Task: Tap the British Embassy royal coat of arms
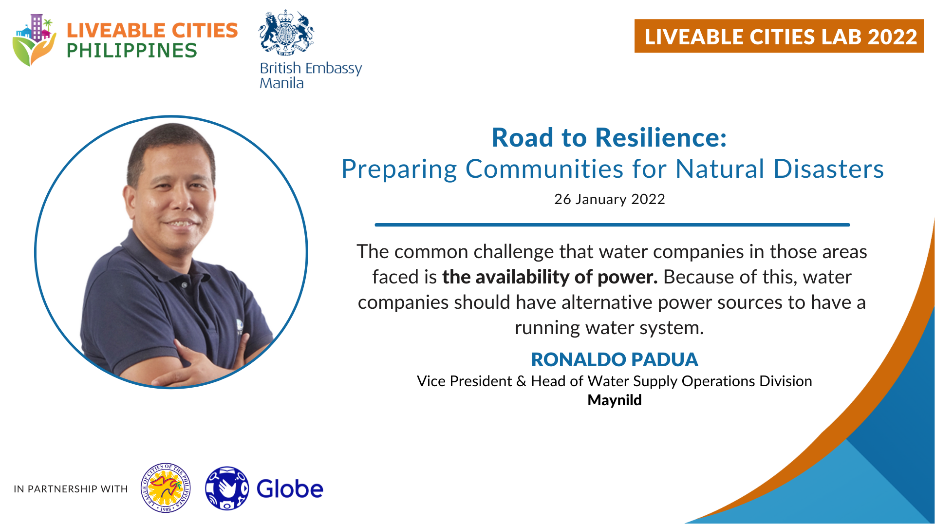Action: [286, 33]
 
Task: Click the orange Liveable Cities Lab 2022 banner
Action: [779, 36]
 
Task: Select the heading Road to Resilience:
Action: [609, 137]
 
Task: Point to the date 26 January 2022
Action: [609, 199]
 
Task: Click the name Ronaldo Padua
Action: [615, 359]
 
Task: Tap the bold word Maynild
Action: [615, 400]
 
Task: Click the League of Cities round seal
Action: [166, 488]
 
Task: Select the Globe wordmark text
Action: [290, 488]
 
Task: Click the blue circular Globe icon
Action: [227, 488]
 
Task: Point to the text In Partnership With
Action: [71, 489]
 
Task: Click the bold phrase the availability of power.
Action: [550, 277]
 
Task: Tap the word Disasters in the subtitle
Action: [828, 169]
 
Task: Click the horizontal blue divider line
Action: [612, 225]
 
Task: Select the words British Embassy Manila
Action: [311, 75]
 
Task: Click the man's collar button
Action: [185, 284]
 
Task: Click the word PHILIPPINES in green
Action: [131, 51]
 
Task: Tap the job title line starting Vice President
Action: [615, 381]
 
